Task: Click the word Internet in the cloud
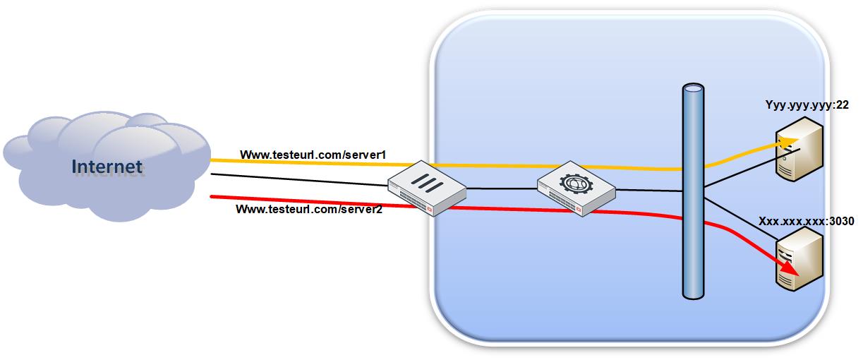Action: click(107, 167)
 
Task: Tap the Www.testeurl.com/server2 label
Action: click(308, 210)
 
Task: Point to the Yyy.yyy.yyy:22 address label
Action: click(807, 105)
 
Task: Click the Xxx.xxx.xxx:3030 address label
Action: click(806, 222)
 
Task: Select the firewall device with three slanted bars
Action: click(427, 189)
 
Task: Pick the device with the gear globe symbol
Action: click(576, 189)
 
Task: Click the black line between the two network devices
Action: click(501, 189)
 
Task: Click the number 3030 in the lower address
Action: click(841, 222)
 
